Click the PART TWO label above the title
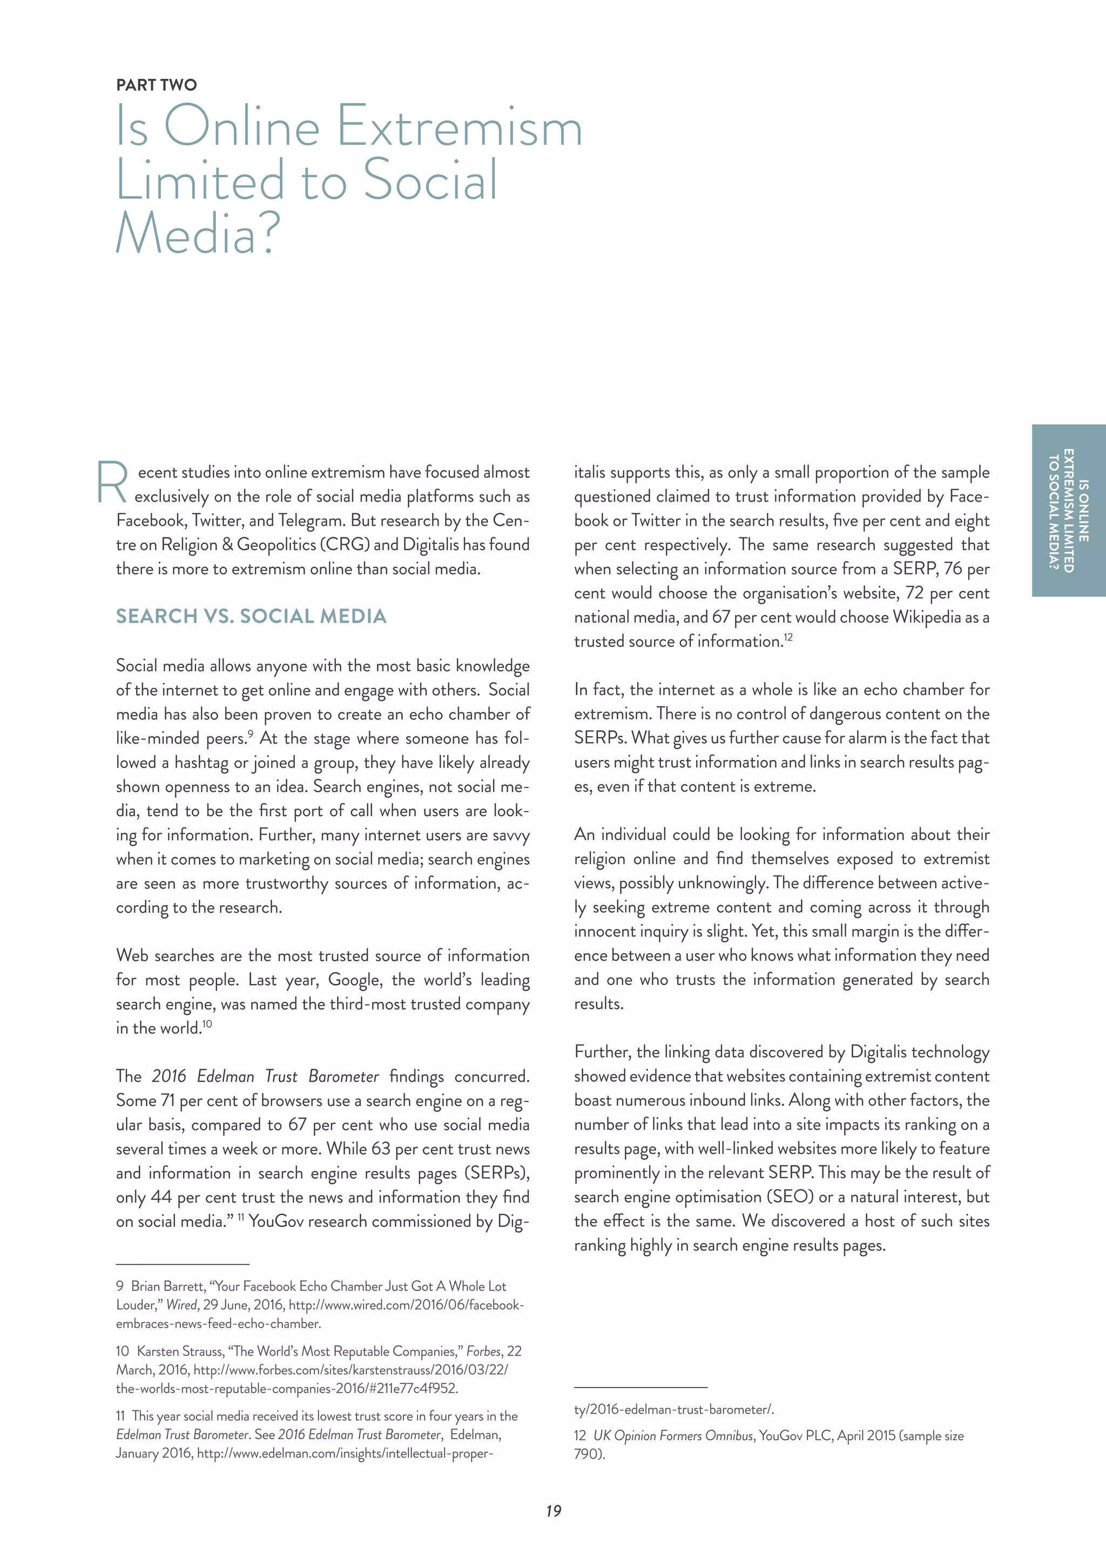(x=156, y=85)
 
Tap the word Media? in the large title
(x=198, y=234)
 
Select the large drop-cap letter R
(x=112, y=483)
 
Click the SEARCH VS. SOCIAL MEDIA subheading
(x=251, y=616)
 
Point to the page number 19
(x=553, y=1511)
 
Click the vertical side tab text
(x=1069, y=511)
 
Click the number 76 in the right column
(x=952, y=569)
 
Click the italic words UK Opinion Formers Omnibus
(x=673, y=1435)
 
